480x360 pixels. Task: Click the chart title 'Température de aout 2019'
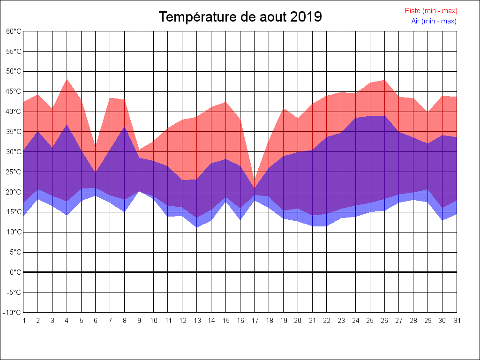240,17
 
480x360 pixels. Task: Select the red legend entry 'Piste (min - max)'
431,11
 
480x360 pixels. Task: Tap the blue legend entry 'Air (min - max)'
434,21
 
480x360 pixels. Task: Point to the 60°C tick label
14,31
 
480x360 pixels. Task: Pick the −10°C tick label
13,313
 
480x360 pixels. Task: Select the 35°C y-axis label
14,132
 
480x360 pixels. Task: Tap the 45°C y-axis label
14,91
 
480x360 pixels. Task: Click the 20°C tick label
14,192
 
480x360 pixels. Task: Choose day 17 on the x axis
255,321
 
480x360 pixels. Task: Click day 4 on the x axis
67,321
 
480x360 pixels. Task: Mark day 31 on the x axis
457,321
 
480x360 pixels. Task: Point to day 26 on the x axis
384,321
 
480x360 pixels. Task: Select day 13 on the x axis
197,321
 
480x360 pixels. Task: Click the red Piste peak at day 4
67,79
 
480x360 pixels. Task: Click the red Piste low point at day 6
96,146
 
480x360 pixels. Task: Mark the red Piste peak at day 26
384,80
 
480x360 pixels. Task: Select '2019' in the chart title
306,17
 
